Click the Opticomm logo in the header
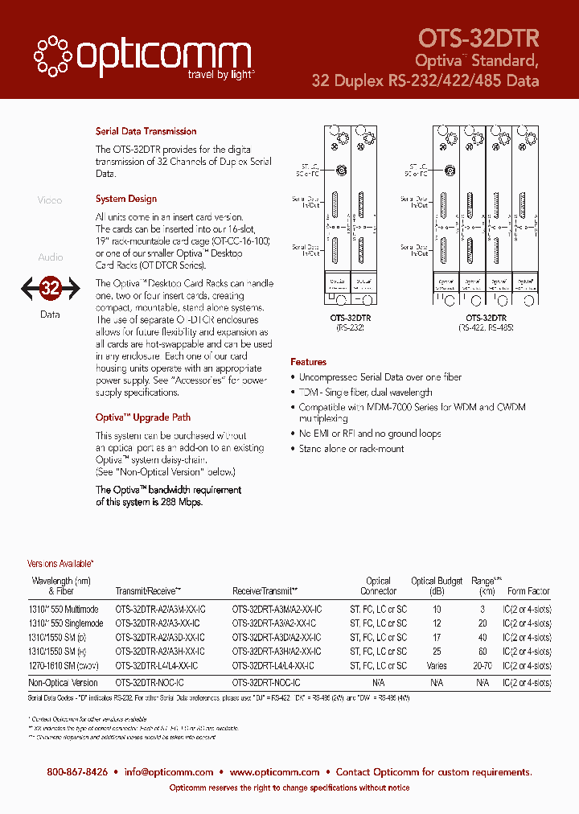[142, 56]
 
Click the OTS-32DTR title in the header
[478, 38]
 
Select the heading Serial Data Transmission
[146, 131]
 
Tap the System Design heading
[125, 199]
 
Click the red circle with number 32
[50, 288]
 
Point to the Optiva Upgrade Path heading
[143, 417]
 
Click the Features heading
[308, 362]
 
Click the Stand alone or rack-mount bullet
[351, 448]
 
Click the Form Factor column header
[528, 591]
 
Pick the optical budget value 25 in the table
[437, 651]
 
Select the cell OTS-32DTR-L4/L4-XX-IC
[156, 666]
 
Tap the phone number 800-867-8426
[77, 771]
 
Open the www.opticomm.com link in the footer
[274, 771]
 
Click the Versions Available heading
[60, 564]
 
